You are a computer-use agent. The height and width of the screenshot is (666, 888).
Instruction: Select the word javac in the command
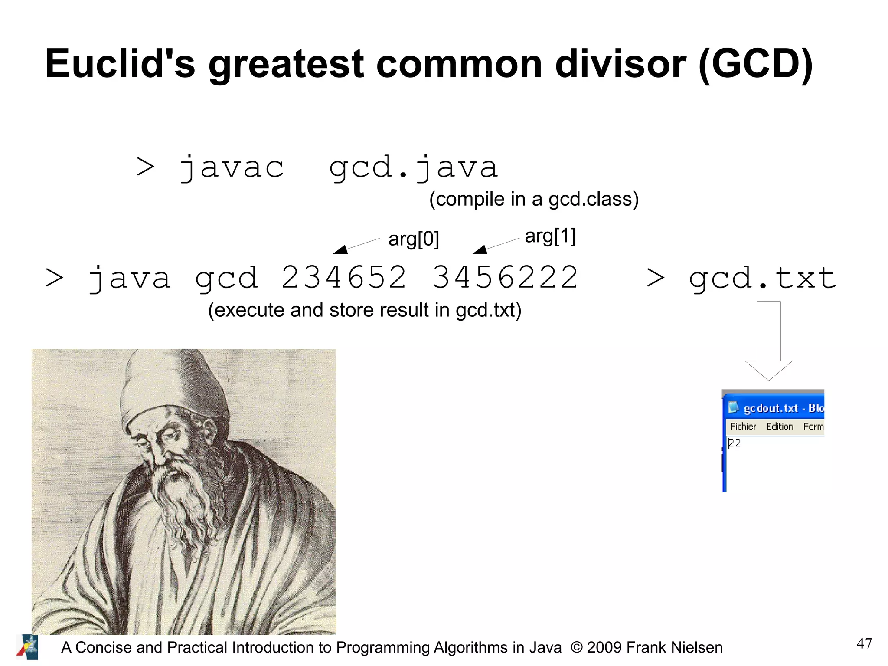pos(232,167)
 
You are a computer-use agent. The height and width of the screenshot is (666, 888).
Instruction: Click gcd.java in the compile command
pos(413,167)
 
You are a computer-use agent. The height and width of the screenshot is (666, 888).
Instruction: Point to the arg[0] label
pos(413,239)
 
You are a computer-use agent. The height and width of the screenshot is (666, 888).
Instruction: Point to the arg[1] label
pos(550,236)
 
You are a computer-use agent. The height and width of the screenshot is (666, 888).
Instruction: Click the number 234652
pos(343,278)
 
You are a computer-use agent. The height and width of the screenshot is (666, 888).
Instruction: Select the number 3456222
pos(505,278)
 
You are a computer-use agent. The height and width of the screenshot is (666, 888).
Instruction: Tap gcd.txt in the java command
pos(762,278)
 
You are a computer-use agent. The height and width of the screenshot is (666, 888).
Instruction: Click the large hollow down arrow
pos(768,343)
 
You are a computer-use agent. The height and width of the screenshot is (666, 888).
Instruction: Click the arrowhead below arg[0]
pos(341,249)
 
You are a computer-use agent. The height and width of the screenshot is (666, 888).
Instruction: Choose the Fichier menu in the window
pos(743,427)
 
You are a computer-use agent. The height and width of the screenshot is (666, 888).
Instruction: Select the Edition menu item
pos(780,427)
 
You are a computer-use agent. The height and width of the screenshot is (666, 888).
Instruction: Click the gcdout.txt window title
pos(771,408)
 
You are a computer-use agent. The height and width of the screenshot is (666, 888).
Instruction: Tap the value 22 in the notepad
pos(735,443)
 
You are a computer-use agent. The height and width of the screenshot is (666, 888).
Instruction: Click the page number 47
pos(864,643)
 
